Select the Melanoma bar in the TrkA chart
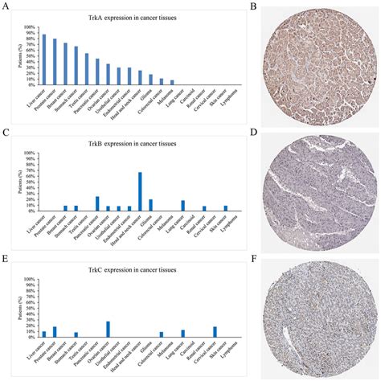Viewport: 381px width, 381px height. pyautogui.click(x=172, y=82)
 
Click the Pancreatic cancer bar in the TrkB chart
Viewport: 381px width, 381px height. pyautogui.click(x=97, y=203)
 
